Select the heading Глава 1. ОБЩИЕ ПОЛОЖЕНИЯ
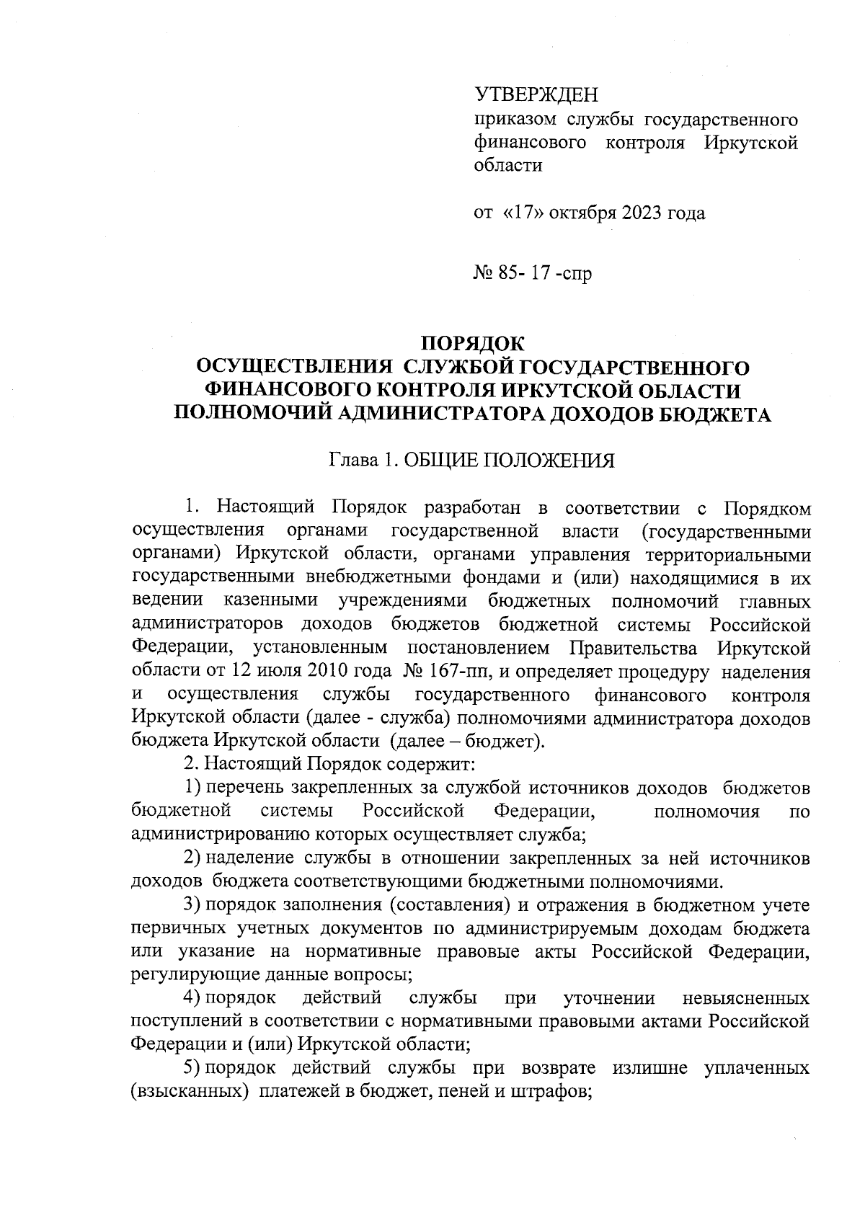[472, 461]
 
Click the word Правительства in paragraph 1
[634, 648]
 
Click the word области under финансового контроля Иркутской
[507, 166]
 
